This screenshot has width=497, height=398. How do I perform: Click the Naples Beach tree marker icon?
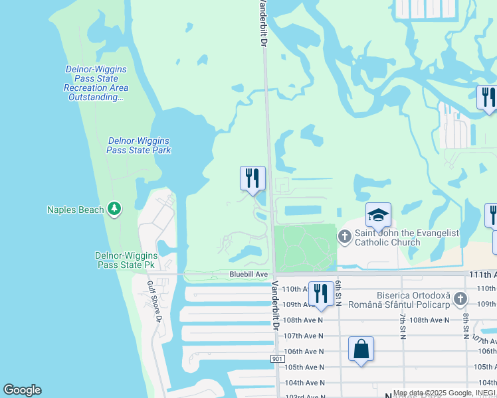coord(114,210)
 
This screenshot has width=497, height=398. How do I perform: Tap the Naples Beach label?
coord(75,210)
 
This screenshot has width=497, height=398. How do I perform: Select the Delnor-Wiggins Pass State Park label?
coord(139,145)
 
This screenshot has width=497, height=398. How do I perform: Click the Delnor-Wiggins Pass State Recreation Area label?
coord(96,83)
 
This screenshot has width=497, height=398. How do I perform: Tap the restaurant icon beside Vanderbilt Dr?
coord(252,178)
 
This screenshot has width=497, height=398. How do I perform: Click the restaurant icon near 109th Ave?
coord(321,293)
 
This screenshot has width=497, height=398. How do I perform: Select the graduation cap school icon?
coord(378,215)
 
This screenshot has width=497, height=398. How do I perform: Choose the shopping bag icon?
coord(361,348)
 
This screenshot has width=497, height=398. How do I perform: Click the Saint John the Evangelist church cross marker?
coord(345,235)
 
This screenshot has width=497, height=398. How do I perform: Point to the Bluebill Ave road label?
coord(248,274)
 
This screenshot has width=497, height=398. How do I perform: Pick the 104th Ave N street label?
coord(304,383)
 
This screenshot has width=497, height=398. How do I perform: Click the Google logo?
coord(22,390)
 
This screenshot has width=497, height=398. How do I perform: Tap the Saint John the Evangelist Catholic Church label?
coord(387,237)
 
